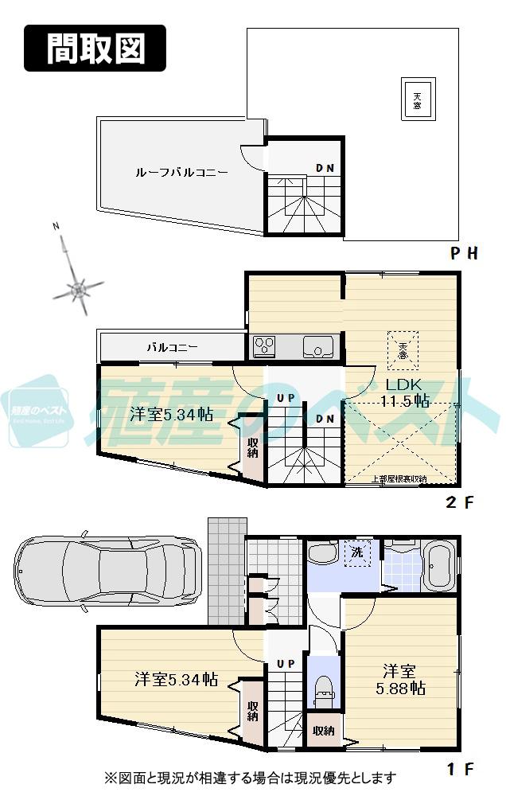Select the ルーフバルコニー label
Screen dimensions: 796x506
pos(181,172)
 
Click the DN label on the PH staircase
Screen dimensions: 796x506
pos(324,168)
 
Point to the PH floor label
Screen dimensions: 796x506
pos(464,254)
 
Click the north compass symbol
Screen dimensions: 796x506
pos(76,288)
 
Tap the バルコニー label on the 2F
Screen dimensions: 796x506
pos(171,347)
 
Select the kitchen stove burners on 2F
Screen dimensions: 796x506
pos(264,346)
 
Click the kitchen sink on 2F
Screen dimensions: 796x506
pos(318,347)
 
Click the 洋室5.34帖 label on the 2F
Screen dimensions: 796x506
pos(170,414)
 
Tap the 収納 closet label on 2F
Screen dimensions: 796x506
pos(252,448)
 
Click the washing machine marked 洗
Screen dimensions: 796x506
pos(356,552)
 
